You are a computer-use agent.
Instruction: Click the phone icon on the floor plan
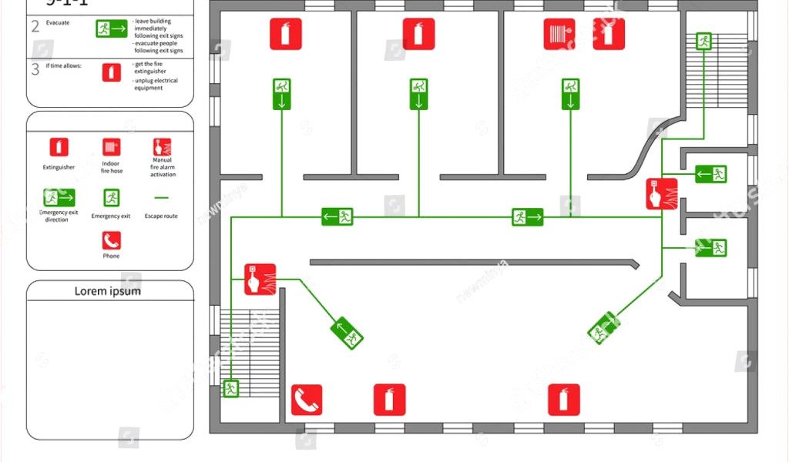pyautogui.click(x=307, y=400)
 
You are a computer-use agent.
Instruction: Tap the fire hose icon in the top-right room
pyautogui.click(x=559, y=34)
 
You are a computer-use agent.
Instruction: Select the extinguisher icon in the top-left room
pyautogui.click(x=286, y=34)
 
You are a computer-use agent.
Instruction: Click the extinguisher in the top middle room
pyautogui.click(x=419, y=34)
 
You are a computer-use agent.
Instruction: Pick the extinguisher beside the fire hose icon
pyautogui.click(x=609, y=34)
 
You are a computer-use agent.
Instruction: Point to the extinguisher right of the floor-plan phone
pyautogui.click(x=390, y=400)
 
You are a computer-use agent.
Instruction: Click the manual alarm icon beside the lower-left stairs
pyautogui.click(x=260, y=279)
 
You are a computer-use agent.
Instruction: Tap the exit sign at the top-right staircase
pyautogui.click(x=703, y=41)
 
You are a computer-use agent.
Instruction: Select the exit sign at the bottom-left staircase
pyautogui.click(x=231, y=388)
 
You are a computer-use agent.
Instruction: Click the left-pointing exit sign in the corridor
pyautogui.click(x=337, y=216)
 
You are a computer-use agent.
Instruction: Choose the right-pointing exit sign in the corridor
pyautogui.click(x=528, y=217)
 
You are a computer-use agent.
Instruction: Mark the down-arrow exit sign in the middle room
pyautogui.click(x=418, y=94)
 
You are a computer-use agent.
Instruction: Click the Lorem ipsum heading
pyautogui.click(x=108, y=291)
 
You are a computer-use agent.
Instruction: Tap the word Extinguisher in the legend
pyautogui.click(x=59, y=167)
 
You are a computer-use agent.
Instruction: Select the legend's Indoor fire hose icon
pyautogui.click(x=112, y=147)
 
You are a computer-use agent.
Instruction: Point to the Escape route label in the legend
pyautogui.click(x=161, y=216)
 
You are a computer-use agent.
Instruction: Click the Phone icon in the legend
pyautogui.click(x=112, y=240)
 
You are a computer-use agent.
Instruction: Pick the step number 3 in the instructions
pyautogui.click(x=35, y=69)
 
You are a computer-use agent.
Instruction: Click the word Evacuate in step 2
pyautogui.click(x=58, y=23)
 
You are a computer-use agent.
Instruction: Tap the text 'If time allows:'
pyautogui.click(x=64, y=65)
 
